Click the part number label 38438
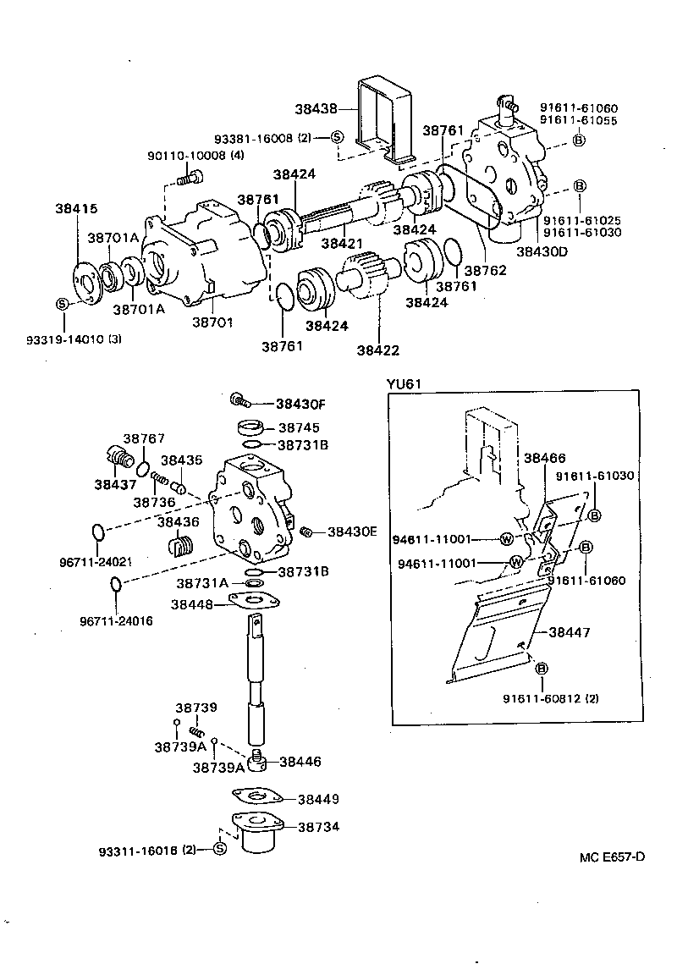coord(316,108)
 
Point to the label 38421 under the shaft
coord(342,243)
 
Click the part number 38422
coord(377,350)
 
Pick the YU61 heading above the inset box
coord(404,383)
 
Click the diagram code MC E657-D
coord(612,857)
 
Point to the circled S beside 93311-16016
coord(219,849)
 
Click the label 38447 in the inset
coord(570,632)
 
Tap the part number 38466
coord(544,458)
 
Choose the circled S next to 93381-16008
coord(337,137)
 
